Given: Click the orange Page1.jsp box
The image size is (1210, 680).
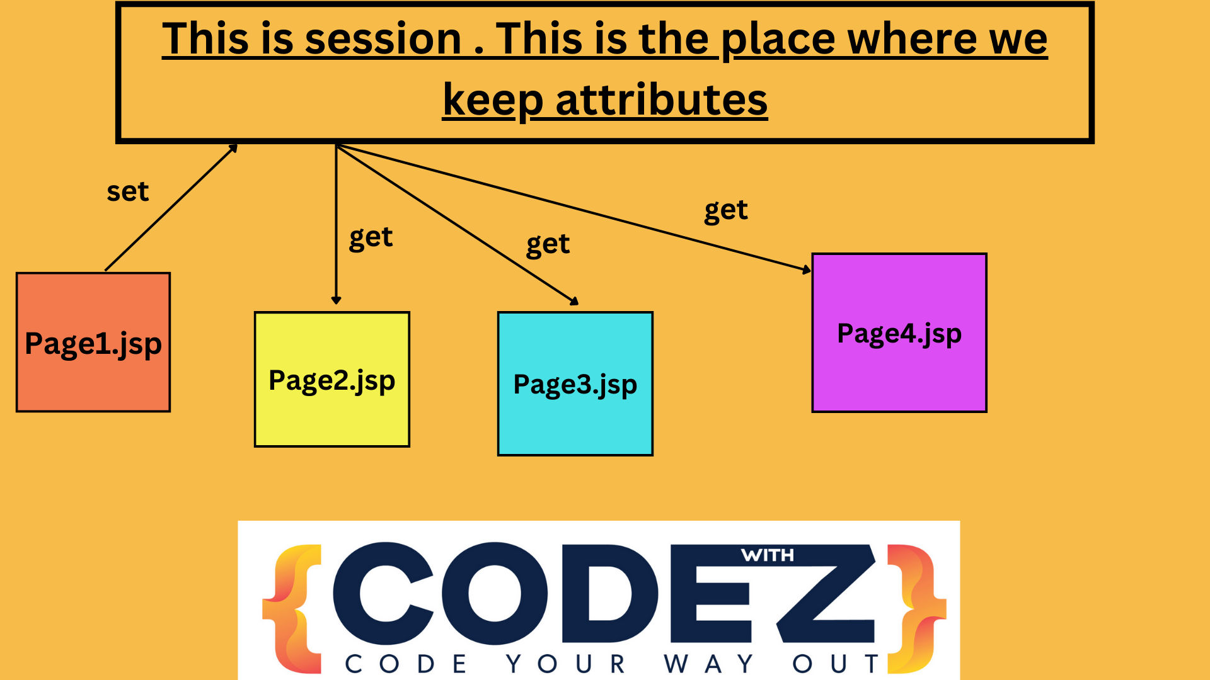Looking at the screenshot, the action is (x=93, y=342).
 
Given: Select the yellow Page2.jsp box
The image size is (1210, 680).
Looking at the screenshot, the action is (x=332, y=379).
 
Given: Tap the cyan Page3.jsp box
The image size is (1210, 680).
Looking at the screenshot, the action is (x=575, y=383).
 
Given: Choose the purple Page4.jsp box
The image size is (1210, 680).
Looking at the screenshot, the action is (x=899, y=333).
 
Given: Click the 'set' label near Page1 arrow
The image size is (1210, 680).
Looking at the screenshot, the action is (x=128, y=191).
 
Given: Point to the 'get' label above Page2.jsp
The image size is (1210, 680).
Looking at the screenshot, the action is (x=371, y=238).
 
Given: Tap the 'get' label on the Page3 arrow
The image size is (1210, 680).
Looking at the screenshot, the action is (x=548, y=244).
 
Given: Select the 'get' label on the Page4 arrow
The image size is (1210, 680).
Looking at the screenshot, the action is (x=726, y=210).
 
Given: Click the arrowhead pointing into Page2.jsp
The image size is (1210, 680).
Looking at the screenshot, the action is (x=336, y=300).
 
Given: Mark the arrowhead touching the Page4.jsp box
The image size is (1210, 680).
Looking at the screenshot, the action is (x=807, y=269).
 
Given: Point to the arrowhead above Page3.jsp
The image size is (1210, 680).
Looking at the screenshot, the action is (x=573, y=301).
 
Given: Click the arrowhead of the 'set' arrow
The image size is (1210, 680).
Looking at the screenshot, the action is (x=233, y=149).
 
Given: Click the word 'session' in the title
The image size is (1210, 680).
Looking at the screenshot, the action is (x=384, y=39).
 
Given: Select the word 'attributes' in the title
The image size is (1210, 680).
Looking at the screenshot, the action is (x=662, y=100).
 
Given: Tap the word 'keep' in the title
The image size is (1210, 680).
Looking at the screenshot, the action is (x=493, y=101).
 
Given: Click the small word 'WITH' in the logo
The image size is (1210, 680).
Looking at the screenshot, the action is (x=768, y=555).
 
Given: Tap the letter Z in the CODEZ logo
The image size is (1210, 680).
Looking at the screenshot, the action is (x=826, y=593).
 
